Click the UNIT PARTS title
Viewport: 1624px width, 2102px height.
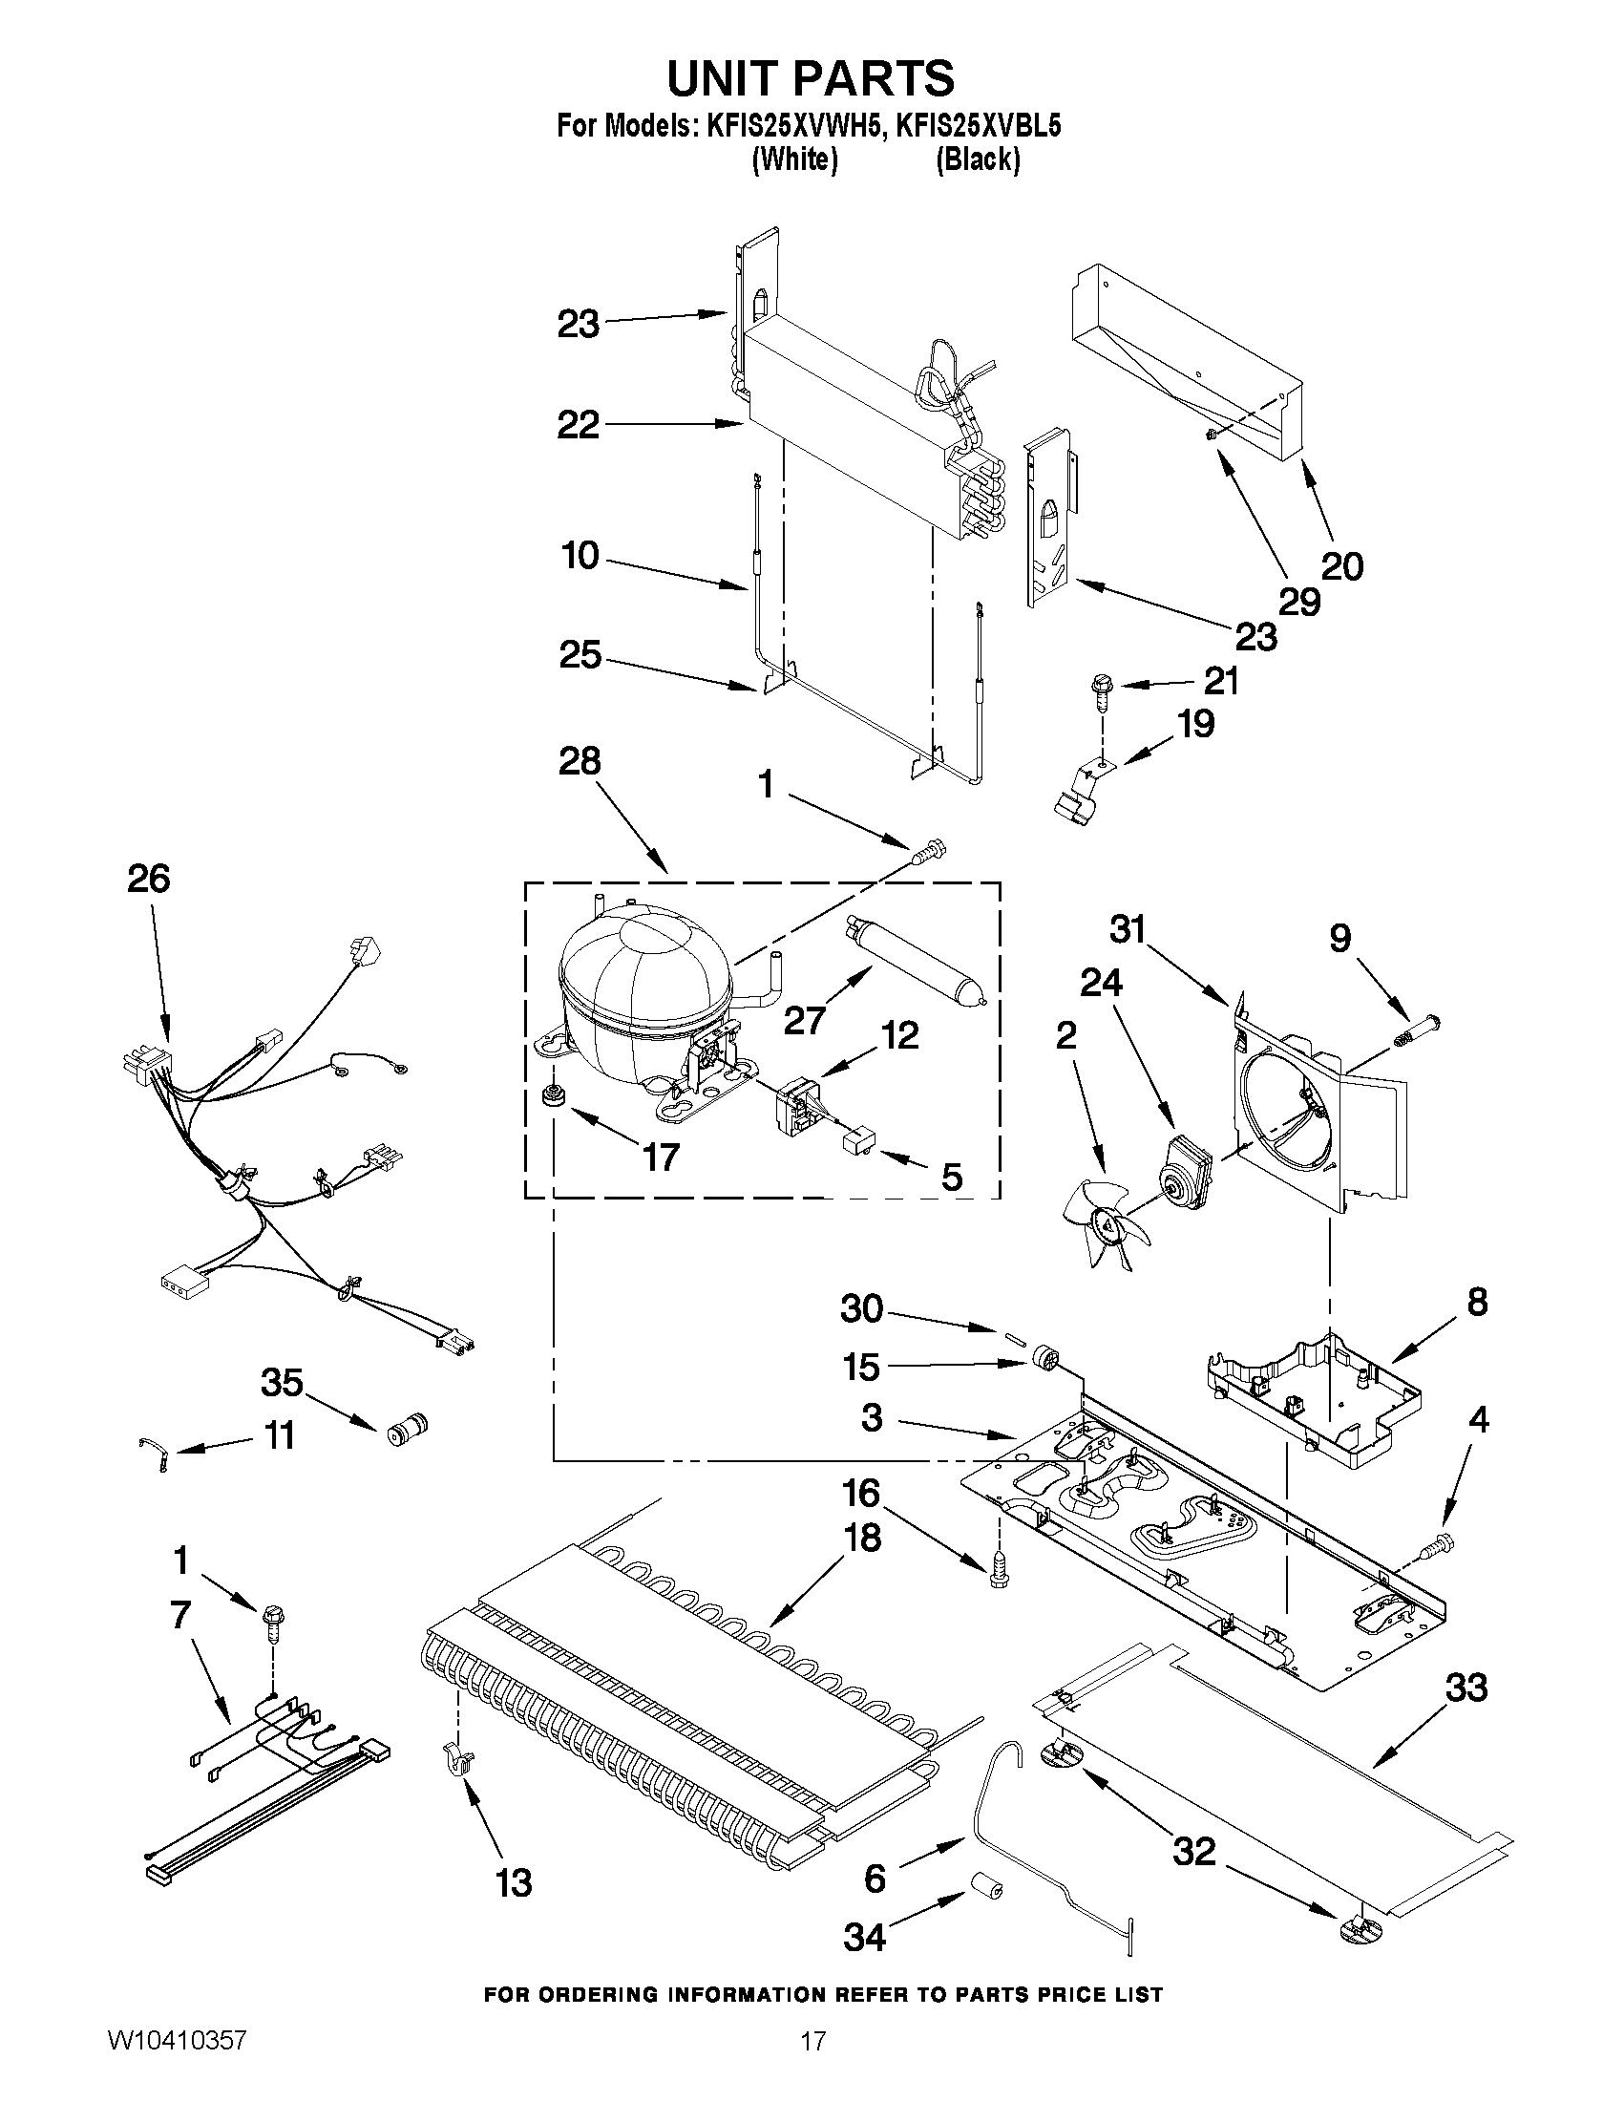(x=811, y=78)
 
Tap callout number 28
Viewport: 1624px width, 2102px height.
(x=580, y=761)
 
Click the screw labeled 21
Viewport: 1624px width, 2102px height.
(x=1100, y=691)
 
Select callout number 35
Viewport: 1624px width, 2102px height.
(x=282, y=1384)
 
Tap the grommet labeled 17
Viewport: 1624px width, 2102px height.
(x=553, y=1095)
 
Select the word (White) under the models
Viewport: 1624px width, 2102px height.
(x=793, y=159)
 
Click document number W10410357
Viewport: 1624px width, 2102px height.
(x=176, y=2069)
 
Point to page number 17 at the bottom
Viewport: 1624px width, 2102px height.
(x=813, y=2069)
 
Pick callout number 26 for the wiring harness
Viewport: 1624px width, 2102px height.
(x=149, y=880)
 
